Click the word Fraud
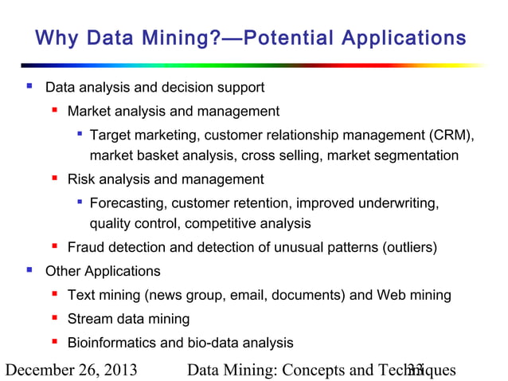tap(85, 248)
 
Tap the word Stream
tap(90, 320)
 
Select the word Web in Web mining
tap(390, 296)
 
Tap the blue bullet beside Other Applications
tap(29, 271)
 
